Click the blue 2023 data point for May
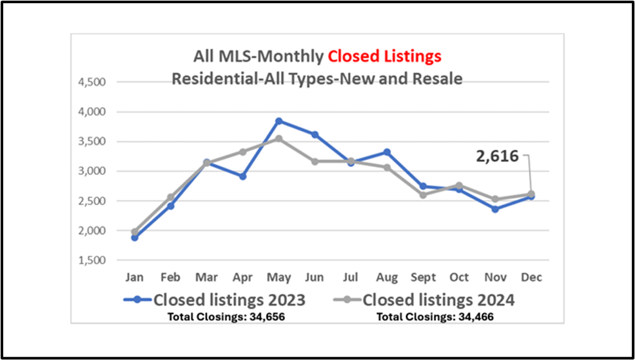pyautogui.click(x=278, y=121)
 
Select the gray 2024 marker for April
pyautogui.click(x=242, y=152)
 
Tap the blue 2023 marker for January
pyautogui.click(x=134, y=237)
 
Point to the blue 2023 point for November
pyautogui.click(x=494, y=209)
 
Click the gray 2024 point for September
pyautogui.click(x=423, y=195)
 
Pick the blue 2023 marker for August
pyautogui.click(x=387, y=152)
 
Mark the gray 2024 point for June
pyautogui.click(x=315, y=161)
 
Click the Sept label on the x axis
pyautogui.click(x=423, y=277)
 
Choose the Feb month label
pyautogui.click(x=170, y=277)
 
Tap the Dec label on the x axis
pyautogui.click(x=531, y=277)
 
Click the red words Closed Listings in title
pyautogui.click(x=384, y=56)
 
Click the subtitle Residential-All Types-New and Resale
pyautogui.click(x=317, y=79)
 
